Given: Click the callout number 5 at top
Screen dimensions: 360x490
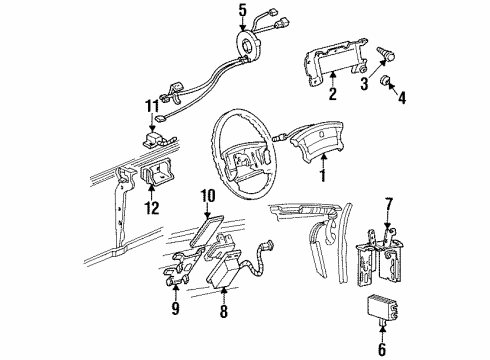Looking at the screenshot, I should point(241,12).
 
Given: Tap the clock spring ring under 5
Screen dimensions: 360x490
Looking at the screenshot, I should point(246,45).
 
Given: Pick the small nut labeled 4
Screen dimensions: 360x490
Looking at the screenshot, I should point(386,81).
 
